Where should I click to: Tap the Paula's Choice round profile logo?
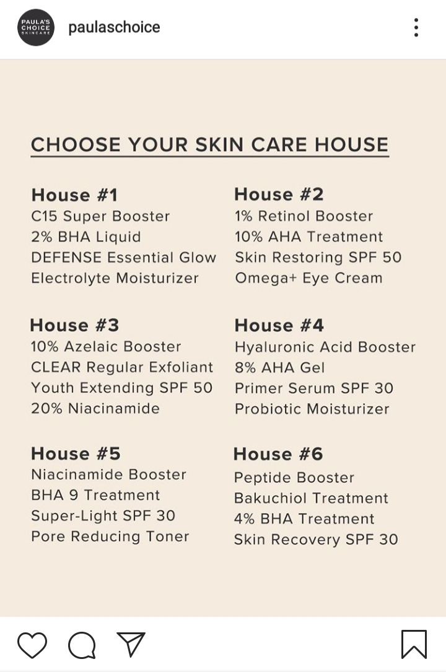point(36,27)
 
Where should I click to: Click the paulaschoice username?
point(115,27)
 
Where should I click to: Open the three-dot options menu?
point(416,27)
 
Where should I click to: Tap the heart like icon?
point(32,645)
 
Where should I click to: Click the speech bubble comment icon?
point(82,645)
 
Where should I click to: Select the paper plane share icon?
point(131,644)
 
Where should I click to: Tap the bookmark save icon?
point(414,644)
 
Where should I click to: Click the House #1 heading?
point(74,195)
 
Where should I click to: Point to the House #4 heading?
point(279,325)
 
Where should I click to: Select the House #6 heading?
point(278,454)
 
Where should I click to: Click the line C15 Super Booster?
point(100,216)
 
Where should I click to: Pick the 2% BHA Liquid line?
point(85,237)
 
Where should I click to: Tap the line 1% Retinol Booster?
point(304,216)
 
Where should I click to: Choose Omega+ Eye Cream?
point(308,277)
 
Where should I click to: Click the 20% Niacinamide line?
point(95,408)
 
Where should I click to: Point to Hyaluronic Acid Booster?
point(325,347)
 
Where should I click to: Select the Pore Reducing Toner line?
point(110,536)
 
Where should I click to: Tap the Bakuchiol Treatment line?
point(311,498)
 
